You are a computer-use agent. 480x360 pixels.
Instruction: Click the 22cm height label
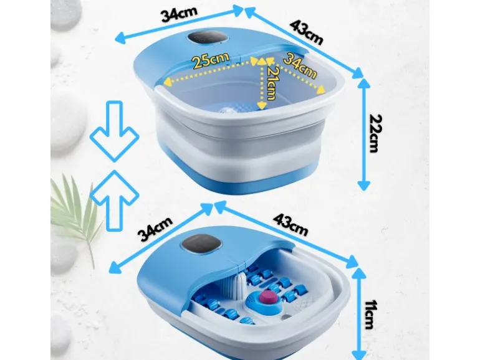pyautogui.click(x=375, y=133)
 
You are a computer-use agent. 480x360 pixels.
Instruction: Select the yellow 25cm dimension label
pyautogui.click(x=211, y=60)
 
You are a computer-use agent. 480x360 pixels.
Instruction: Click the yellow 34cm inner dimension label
pyautogui.click(x=300, y=66)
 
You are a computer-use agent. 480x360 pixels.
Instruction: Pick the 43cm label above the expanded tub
pyautogui.click(x=307, y=32)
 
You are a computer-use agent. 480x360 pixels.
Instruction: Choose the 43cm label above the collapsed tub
pyautogui.click(x=290, y=224)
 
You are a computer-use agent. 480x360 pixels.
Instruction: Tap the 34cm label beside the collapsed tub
pyautogui.click(x=155, y=229)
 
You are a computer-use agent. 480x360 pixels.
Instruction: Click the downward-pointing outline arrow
pyautogui.click(x=115, y=132)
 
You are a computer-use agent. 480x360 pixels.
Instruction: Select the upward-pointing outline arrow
pyautogui.click(x=115, y=201)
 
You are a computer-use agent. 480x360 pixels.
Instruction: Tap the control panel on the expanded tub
pyautogui.click(x=208, y=38)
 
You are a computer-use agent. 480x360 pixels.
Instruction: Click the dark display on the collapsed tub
pyautogui.click(x=201, y=244)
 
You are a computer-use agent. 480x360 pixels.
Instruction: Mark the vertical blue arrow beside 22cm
pyautogui.click(x=364, y=135)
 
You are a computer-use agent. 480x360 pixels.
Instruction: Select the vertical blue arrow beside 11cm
pyautogui.click(x=359, y=313)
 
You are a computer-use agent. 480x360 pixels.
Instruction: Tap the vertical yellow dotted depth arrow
pyautogui.click(x=262, y=84)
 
